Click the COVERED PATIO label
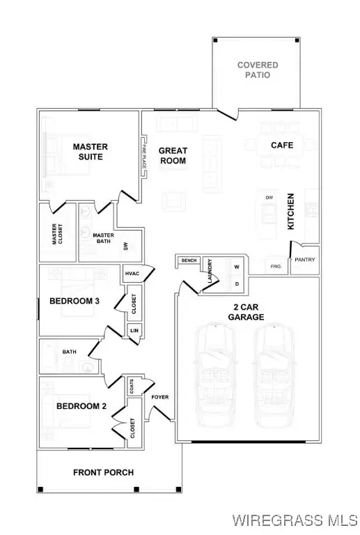(257, 70)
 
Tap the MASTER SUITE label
(88, 152)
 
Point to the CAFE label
(282, 146)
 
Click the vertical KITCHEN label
(292, 212)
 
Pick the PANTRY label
(305, 260)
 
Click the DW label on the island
(269, 198)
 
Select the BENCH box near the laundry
(188, 261)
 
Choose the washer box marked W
(236, 267)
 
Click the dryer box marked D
(236, 284)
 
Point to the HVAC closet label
(132, 274)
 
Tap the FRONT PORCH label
(103, 472)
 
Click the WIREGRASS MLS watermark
(294, 520)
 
